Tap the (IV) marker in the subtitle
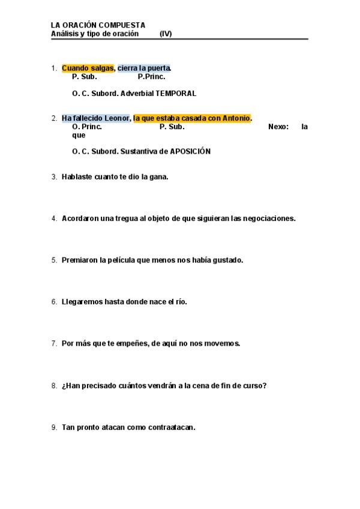point(166,34)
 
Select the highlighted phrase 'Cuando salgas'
point(88,68)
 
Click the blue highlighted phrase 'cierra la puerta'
point(144,68)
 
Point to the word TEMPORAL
point(176,94)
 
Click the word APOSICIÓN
point(191,152)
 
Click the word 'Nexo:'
point(278,127)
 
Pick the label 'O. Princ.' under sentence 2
point(87,127)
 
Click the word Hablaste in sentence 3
point(77,177)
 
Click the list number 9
point(54,427)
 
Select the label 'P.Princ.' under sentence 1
point(151,77)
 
